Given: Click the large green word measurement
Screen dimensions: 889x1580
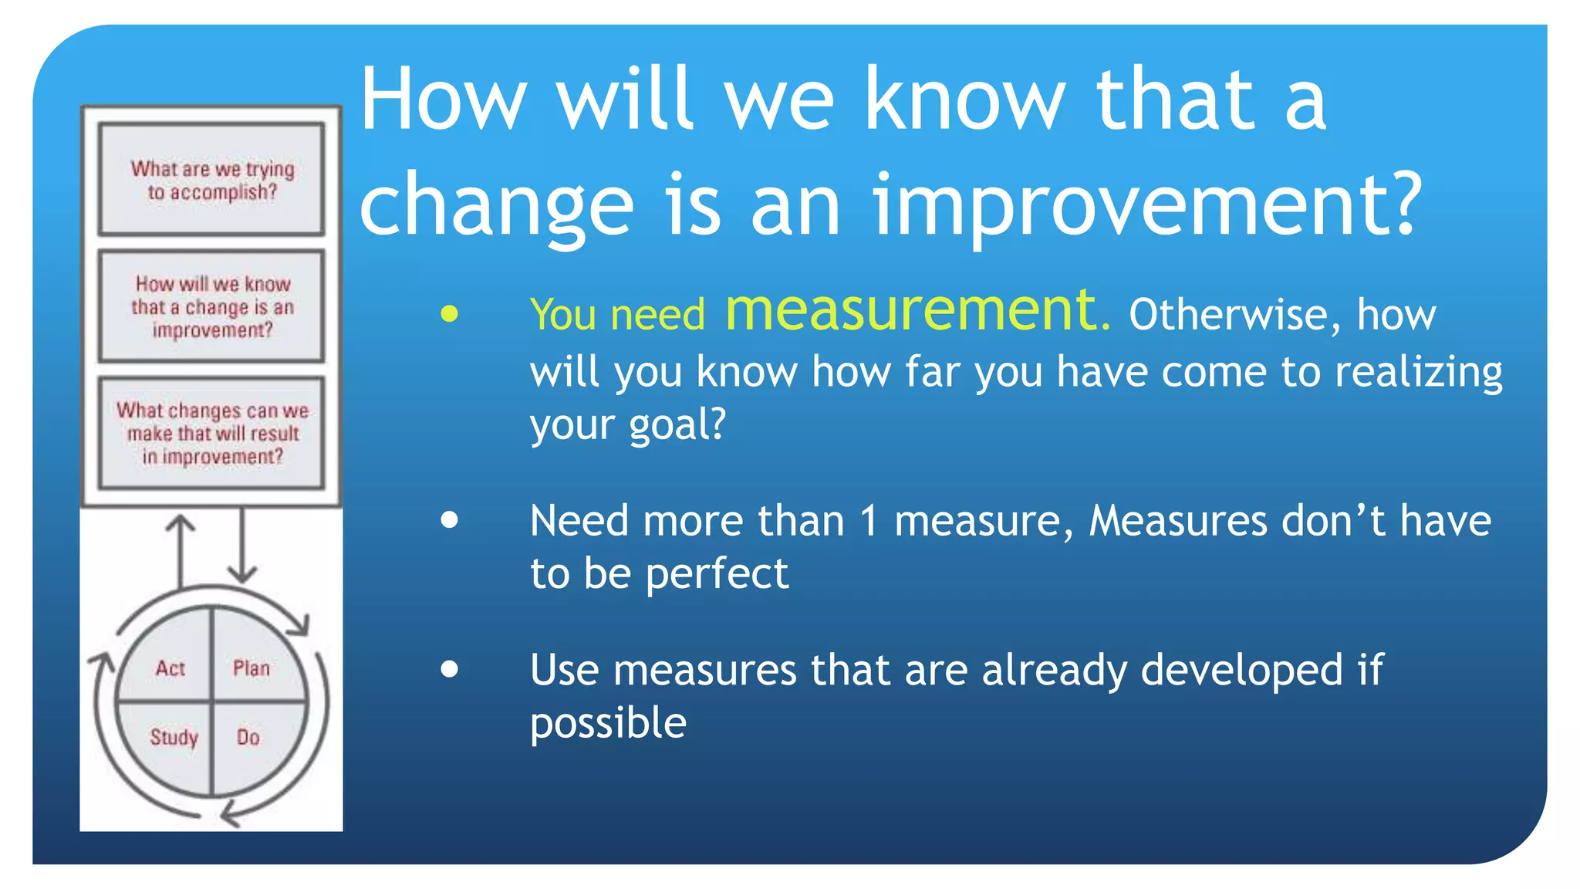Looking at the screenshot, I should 917,310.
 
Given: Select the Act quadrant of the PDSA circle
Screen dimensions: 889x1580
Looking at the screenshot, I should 170,668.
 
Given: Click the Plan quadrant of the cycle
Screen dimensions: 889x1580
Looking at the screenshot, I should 252,668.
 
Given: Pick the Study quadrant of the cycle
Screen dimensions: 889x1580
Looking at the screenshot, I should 174,737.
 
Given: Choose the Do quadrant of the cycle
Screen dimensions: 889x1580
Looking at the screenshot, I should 248,737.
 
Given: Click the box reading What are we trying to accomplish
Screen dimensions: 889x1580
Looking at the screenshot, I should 211,179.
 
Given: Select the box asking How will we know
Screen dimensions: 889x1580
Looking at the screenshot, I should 211,306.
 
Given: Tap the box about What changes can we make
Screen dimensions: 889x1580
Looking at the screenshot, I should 211,433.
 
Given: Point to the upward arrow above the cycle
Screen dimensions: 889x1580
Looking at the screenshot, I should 181,552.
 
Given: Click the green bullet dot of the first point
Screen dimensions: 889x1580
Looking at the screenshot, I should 450,313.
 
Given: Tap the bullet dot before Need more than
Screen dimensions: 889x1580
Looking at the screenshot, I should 450,519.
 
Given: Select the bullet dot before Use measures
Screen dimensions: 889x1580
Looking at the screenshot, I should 450,669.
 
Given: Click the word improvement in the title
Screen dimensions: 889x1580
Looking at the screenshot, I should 1146,205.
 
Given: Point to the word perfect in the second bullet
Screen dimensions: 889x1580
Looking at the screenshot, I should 717,574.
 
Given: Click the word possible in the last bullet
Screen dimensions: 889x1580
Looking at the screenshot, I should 608,723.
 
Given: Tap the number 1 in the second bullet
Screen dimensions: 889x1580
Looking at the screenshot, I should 869,521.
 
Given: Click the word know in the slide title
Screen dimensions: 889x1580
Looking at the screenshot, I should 964,100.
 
